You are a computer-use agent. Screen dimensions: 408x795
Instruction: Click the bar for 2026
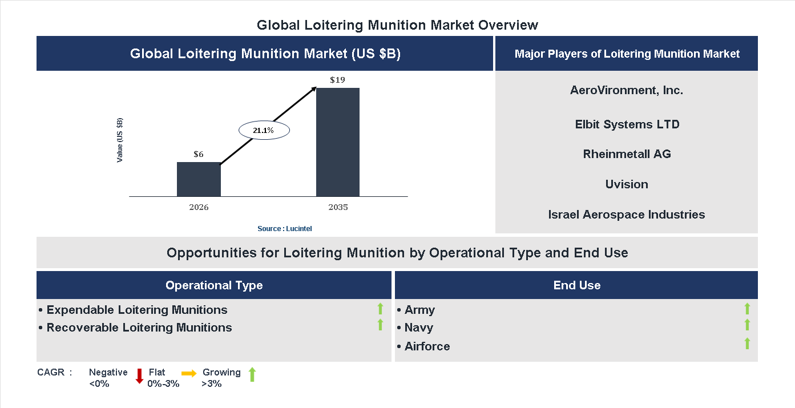pyautogui.click(x=199, y=179)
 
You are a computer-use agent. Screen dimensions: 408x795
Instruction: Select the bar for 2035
pyautogui.click(x=338, y=142)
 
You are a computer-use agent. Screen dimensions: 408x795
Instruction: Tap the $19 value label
pyautogui.click(x=337, y=80)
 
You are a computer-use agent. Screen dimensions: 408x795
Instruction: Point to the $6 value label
pyautogui.click(x=199, y=154)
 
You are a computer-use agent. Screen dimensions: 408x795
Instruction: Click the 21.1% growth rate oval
pyautogui.click(x=264, y=131)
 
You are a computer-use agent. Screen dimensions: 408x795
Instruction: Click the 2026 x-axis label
pyautogui.click(x=199, y=207)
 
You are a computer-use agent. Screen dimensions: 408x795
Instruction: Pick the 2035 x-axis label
pyautogui.click(x=338, y=207)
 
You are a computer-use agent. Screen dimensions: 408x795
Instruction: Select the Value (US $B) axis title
pyautogui.click(x=120, y=140)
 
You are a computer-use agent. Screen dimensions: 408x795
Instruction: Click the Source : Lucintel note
pyautogui.click(x=285, y=228)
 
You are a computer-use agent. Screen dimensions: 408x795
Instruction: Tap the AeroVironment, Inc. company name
pyautogui.click(x=626, y=90)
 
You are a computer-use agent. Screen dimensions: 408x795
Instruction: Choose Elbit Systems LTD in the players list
pyautogui.click(x=627, y=124)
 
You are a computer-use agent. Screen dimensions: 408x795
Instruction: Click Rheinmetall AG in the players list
pyautogui.click(x=627, y=154)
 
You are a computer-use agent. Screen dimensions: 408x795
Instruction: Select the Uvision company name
pyautogui.click(x=627, y=184)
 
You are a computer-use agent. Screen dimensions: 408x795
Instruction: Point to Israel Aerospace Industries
pyautogui.click(x=626, y=215)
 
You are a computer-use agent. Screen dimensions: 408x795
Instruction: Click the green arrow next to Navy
pyautogui.click(x=747, y=325)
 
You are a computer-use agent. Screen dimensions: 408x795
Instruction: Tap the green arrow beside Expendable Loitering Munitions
pyautogui.click(x=380, y=309)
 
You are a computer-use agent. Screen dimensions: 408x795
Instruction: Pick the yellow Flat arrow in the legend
pyautogui.click(x=189, y=373)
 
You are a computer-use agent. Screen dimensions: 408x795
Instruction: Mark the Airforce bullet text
pyautogui.click(x=427, y=346)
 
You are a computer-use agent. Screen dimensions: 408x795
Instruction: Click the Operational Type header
pyautogui.click(x=214, y=285)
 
